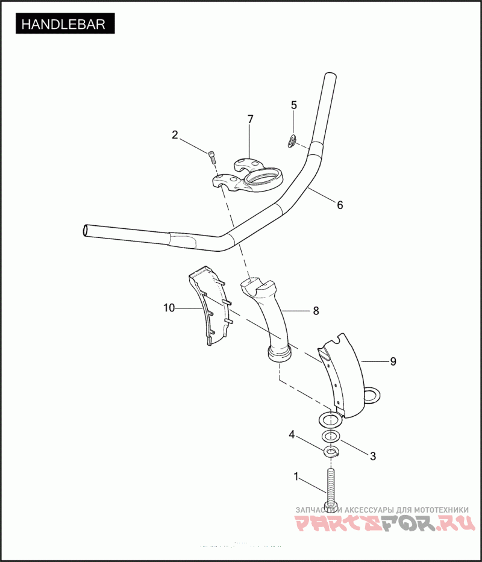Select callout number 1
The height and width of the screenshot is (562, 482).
coord(296,476)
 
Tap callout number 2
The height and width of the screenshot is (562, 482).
coord(175,135)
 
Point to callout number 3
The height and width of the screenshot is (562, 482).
coord(373,456)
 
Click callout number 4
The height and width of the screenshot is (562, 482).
coord(292,434)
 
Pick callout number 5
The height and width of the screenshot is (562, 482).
coord(294,105)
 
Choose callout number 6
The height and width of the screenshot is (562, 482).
coord(340,205)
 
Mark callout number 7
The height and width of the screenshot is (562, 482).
coord(251,119)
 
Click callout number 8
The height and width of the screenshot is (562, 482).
coord(315,311)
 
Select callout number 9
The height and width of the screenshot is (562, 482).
coord(393,361)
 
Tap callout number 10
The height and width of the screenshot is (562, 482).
coord(169,308)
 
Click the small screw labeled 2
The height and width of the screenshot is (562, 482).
coord(212,157)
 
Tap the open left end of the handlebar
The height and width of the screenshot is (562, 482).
coord(86,230)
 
